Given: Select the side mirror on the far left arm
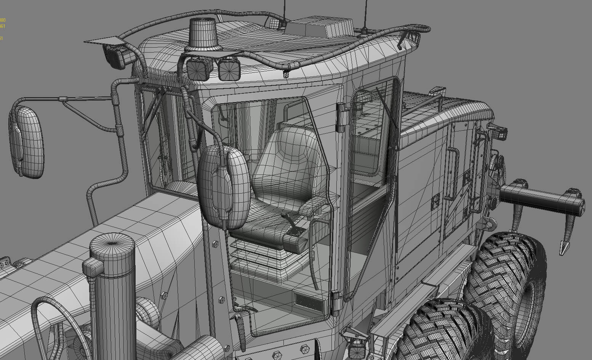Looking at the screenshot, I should pos(26,141).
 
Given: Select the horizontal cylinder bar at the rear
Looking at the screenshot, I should pos(541,198).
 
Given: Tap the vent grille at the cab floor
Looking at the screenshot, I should pos(309,301).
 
